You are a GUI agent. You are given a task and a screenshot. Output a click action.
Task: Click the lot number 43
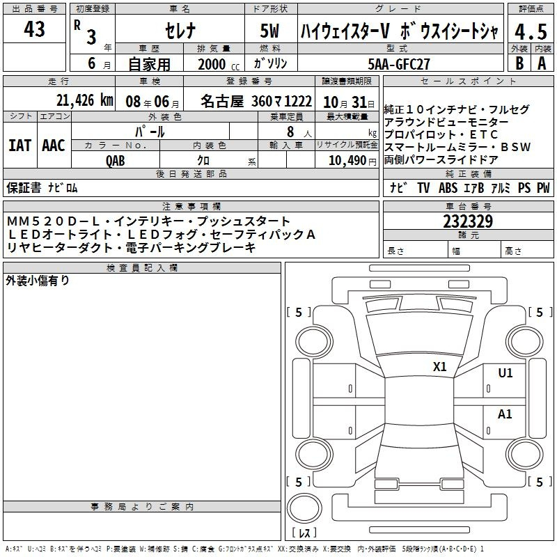click(34, 29)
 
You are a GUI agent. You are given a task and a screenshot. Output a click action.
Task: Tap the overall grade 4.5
click(531, 31)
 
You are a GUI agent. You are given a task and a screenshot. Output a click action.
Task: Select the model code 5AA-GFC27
click(399, 64)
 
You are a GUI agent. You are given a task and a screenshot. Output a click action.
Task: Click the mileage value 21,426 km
click(85, 100)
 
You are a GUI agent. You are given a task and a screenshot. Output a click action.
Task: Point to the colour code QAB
click(116, 161)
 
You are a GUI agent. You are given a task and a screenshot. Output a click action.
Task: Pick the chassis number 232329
click(468, 221)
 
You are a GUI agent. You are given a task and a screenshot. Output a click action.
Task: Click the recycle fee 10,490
click(347, 161)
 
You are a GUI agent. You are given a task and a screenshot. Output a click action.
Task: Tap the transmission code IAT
click(19, 146)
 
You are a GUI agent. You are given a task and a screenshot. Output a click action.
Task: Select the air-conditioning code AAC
click(54, 146)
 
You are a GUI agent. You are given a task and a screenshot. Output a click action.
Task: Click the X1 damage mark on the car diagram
click(440, 367)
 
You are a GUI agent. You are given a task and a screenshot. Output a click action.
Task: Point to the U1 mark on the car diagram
click(505, 373)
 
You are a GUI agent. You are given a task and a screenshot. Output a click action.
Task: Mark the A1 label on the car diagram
click(505, 414)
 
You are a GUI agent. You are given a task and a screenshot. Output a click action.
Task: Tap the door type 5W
click(269, 31)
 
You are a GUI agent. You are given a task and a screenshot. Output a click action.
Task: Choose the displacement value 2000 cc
click(219, 64)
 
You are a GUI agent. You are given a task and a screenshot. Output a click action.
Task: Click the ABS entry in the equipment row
click(448, 188)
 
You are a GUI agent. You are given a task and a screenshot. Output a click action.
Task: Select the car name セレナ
click(180, 31)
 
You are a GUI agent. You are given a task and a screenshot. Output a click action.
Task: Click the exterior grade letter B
click(519, 63)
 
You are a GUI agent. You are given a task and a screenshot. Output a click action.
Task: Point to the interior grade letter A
click(542, 63)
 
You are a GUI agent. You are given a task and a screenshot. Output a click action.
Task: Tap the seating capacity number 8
click(290, 132)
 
